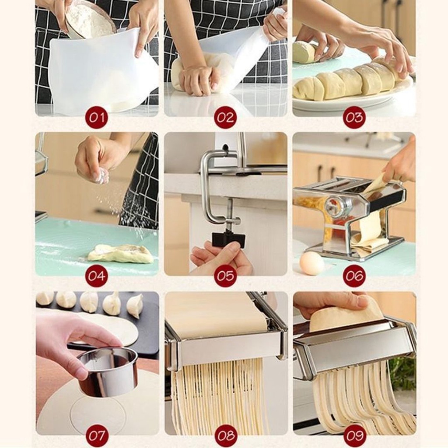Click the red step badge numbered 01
pyautogui.click(x=97, y=118)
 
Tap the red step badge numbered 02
pyautogui.click(x=225, y=118)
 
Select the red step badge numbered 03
pyautogui.click(x=354, y=118)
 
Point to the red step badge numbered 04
pyautogui.click(x=97, y=276)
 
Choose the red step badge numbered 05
pyautogui.click(x=225, y=276)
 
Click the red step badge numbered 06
pyautogui.click(x=354, y=276)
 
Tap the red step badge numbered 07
pyautogui.click(x=97, y=435)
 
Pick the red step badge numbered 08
pyautogui.click(x=225, y=435)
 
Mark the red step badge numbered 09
pyautogui.click(x=354, y=435)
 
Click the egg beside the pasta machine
pyautogui.click(x=312, y=263)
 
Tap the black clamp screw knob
pyautogui.click(x=228, y=240)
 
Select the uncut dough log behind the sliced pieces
pyautogui.click(x=304, y=52)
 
